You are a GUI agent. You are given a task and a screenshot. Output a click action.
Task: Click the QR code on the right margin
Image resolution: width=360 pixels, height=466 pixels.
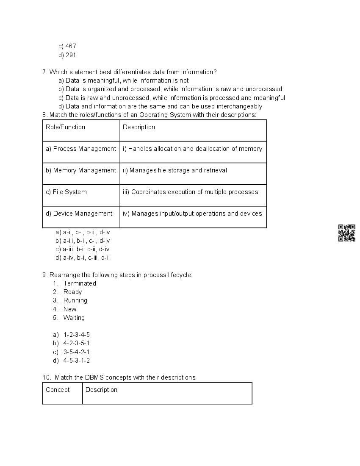(x=346, y=233)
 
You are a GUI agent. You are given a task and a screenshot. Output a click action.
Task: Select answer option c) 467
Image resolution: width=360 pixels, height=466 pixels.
(x=67, y=46)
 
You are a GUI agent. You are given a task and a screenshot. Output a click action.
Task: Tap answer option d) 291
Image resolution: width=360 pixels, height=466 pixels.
(x=67, y=55)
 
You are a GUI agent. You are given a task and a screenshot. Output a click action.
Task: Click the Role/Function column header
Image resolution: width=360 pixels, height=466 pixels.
(x=65, y=127)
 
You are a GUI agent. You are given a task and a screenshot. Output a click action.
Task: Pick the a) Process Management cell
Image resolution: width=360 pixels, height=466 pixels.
(x=80, y=149)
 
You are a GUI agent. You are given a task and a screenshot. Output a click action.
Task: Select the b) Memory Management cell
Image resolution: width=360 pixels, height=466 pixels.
(x=80, y=170)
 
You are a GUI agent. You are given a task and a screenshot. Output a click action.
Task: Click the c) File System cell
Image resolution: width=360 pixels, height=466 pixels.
(x=66, y=192)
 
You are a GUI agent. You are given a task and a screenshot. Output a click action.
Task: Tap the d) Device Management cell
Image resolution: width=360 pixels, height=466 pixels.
(x=79, y=214)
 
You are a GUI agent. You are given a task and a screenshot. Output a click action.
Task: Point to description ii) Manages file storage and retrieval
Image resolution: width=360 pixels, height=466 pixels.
(x=175, y=170)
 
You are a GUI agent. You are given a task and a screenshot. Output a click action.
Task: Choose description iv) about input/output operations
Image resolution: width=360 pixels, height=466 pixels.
(x=192, y=214)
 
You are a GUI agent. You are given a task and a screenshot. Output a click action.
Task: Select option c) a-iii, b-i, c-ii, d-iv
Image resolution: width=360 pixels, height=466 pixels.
(x=83, y=249)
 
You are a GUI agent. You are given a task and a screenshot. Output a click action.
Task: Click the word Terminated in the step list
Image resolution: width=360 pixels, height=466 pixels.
(x=80, y=283)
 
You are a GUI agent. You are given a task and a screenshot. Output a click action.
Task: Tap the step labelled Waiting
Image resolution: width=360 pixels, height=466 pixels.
(x=74, y=318)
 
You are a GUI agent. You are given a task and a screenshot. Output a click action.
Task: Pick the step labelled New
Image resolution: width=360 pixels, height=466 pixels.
(x=70, y=309)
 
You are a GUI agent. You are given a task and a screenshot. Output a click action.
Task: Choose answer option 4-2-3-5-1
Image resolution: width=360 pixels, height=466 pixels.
(x=76, y=343)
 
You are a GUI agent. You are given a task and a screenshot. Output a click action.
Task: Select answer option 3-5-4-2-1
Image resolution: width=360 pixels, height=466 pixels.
(x=76, y=352)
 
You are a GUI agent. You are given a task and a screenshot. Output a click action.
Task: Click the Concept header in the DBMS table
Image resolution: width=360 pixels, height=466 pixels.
(x=58, y=390)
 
